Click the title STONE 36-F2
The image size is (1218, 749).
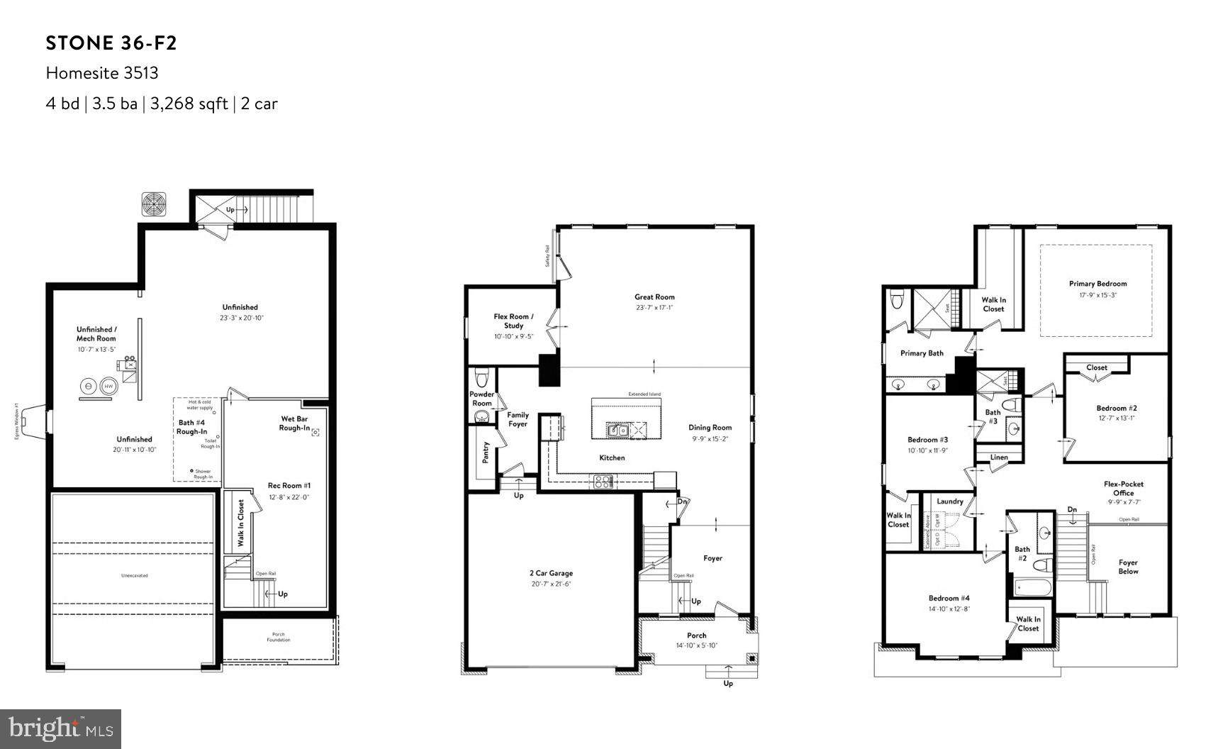tap(111, 43)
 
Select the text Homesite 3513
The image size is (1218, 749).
tap(102, 73)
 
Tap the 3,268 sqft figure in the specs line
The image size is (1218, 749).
tap(189, 104)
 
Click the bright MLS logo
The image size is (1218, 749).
tap(60, 728)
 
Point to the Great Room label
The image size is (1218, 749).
tap(654, 297)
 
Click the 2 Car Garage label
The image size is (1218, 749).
tap(551, 573)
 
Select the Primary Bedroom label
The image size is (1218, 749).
tap(1097, 284)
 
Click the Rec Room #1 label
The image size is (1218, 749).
tap(289, 486)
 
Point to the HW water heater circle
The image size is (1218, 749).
tap(108, 387)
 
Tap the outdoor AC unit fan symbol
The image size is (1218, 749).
tap(154, 204)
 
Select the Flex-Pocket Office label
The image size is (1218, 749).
tap(1123, 489)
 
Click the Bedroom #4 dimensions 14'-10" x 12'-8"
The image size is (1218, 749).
tap(949, 609)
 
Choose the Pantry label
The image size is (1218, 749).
tap(486, 453)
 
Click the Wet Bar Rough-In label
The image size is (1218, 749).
tap(294, 423)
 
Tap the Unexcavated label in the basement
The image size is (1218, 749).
tap(134, 575)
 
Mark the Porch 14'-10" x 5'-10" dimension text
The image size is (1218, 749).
tap(696, 645)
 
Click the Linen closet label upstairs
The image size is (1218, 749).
tap(998, 457)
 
